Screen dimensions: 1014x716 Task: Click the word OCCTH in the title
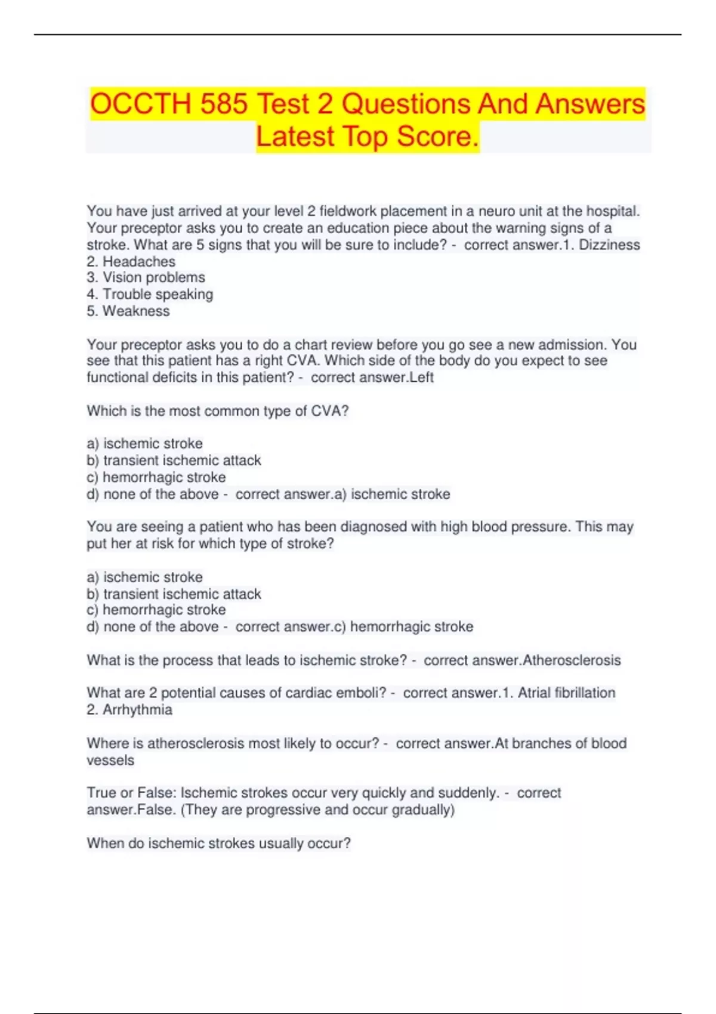pyautogui.click(x=140, y=104)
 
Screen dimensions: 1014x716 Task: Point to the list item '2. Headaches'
pyautogui.click(x=131, y=261)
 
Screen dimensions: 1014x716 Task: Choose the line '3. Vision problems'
pyautogui.click(x=146, y=277)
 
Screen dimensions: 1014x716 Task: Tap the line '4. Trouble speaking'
pyautogui.click(x=150, y=294)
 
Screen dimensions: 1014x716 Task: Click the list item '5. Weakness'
pyautogui.click(x=128, y=311)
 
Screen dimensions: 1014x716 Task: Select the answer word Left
pyautogui.click(x=421, y=377)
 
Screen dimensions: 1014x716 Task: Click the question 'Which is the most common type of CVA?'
pyautogui.click(x=218, y=411)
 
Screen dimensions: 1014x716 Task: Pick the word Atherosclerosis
pyautogui.click(x=572, y=660)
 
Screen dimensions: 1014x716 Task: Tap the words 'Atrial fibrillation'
pyautogui.click(x=566, y=693)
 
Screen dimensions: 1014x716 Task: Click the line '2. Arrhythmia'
pyautogui.click(x=129, y=709)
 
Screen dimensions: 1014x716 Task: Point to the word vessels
pyautogui.click(x=110, y=760)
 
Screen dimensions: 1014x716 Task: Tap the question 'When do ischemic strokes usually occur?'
pyautogui.click(x=219, y=843)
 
